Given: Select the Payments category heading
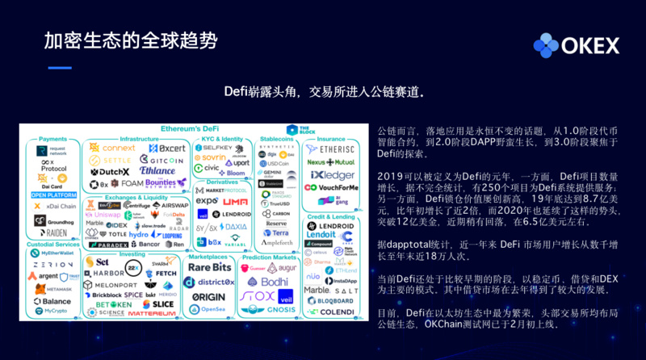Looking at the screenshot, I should (52, 139).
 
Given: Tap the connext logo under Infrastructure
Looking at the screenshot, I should (113, 149).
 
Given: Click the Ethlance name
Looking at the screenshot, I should (157, 171).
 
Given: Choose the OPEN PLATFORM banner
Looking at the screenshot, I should (52, 195).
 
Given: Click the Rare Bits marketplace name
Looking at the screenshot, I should (211, 267).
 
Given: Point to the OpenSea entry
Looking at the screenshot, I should (209, 310).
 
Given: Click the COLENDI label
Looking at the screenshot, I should (331, 311).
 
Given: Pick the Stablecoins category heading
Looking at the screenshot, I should (279, 139).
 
